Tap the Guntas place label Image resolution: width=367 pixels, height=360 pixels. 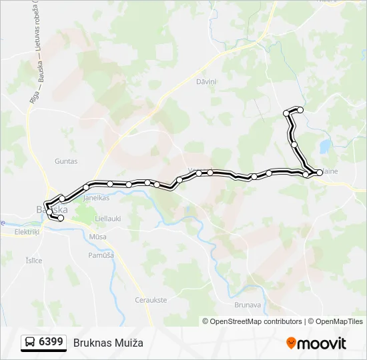[x=66, y=161]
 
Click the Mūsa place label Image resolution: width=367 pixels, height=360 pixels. [x=97, y=237]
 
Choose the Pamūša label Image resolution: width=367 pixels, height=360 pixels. [x=101, y=255]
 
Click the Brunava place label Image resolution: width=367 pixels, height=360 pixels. [x=248, y=305]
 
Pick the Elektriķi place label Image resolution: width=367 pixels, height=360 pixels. [x=27, y=232]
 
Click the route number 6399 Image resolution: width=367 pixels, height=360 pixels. [x=51, y=342]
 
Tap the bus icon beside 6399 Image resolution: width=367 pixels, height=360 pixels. [x=30, y=343]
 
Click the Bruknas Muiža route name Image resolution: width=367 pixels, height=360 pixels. [x=108, y=343]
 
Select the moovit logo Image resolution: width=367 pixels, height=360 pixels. [x=316, y=343]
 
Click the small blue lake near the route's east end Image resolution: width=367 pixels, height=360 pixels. [x=324, y=145]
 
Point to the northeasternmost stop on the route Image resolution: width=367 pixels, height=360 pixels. [x=300, y=109]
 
